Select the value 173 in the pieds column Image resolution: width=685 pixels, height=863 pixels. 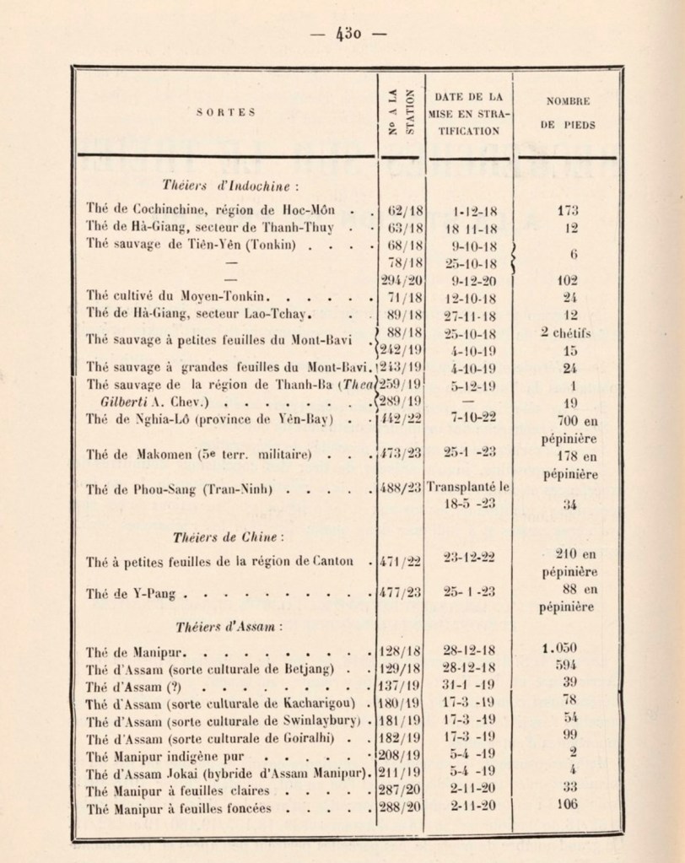pyautogui.click(x=566, y=209)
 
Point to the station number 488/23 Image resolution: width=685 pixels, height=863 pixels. pyautogui.click(x=398, y=487)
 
